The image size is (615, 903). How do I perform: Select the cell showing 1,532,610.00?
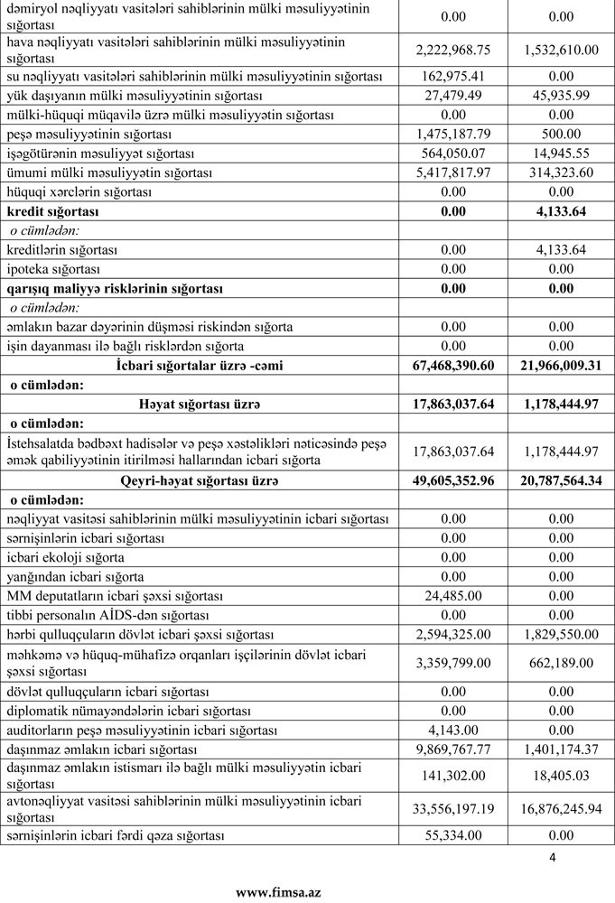[x=561, y=50]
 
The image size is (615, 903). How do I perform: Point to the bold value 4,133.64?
[x=561, y=211]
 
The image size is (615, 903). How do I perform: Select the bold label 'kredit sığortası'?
[x=51, y=211]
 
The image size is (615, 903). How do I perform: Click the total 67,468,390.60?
[x=447, y=365]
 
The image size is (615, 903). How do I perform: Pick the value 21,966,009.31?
[x=561, y=365]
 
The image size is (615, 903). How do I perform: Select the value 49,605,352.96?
[x=447, y=481]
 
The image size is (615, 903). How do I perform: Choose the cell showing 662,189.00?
[x=561, y=662]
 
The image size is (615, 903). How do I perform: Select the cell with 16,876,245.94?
[x=561, y=808]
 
